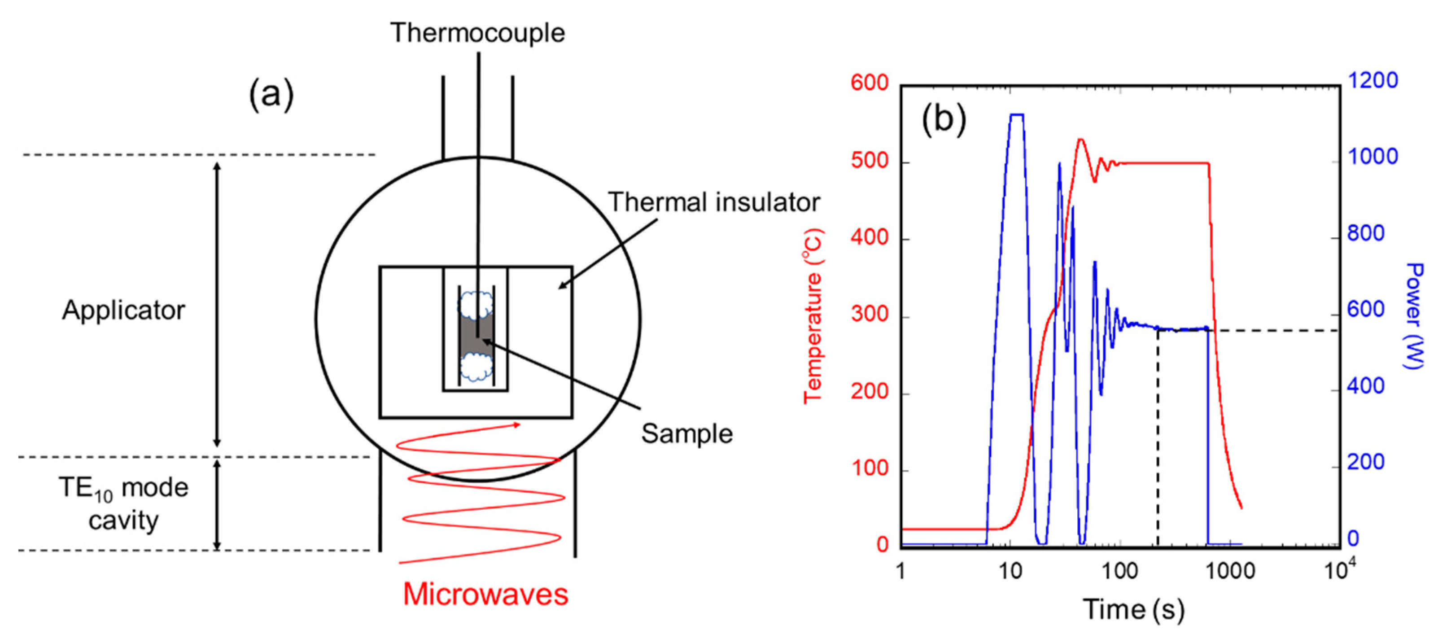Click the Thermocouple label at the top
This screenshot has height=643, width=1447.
[x=477, y=33]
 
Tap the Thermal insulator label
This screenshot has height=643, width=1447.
[x=713, y=202]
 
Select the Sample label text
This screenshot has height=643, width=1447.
[x=686, y=433]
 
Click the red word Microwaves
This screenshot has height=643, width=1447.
[x=485, y=594]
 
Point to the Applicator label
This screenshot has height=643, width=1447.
[x=123, y=310]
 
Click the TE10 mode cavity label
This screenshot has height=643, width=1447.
[x=123, y=504]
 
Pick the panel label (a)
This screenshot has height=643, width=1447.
[x=271, y=94]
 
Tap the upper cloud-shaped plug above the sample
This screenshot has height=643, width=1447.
[x=475, y=304]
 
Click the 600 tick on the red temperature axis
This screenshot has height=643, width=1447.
[x=869, y=83]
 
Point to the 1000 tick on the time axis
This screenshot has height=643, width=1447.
[x=1230, y=571]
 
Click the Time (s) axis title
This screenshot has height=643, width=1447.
[x=1133, y=609]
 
